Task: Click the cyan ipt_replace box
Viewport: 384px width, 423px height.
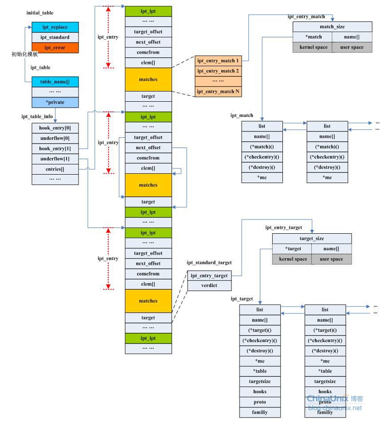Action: pos(55,27)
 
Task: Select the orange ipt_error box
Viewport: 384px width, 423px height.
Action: pos(55,48)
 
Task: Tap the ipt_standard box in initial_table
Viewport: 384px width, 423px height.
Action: pos(55,37)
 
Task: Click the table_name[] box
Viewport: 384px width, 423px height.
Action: pos(55,81)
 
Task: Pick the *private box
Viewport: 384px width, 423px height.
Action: pos(55,102)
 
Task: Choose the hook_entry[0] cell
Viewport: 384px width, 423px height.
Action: pos(55,128)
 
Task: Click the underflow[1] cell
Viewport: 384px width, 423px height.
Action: pos(55,159)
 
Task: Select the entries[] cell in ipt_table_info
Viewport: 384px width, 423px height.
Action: pos(55,169)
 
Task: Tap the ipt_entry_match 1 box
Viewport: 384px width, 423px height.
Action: pos(218,60)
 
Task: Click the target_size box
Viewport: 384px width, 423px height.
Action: pos(312,239)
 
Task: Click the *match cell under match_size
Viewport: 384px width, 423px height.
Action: pos(312,37)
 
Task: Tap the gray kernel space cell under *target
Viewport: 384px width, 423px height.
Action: pos(292,259)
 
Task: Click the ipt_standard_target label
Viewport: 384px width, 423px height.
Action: pos(209,263)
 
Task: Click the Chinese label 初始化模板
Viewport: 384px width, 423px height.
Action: pos(24,54)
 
